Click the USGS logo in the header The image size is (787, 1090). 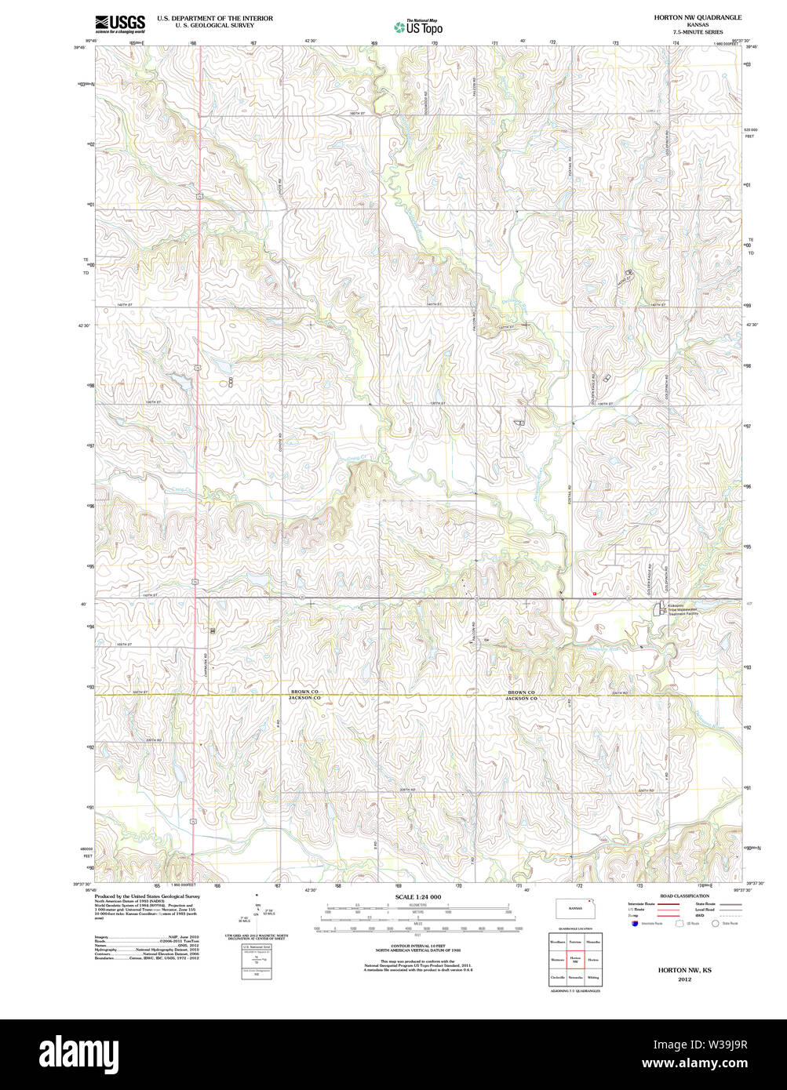click(x=119, y=24)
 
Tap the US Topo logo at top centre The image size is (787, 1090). click(x=417, y=27)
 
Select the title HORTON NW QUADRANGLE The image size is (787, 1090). click(x=698, y=17)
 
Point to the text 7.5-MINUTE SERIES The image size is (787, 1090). click(x=698, y=32)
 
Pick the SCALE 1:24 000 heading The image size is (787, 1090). click(x=418, y=896)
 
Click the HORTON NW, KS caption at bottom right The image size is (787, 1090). click(x=674, y=970)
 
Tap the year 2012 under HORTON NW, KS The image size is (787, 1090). click(x=674, y=979)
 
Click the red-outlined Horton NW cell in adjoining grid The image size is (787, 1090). click(x=575, y=959)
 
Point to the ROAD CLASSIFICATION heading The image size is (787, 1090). click(x=684, y=896)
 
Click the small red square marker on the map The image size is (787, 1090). click(x=595, y=594)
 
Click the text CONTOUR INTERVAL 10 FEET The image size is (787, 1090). click(x=418, y=945)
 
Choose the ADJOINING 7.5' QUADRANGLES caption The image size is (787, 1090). click(x=575, y=991)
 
